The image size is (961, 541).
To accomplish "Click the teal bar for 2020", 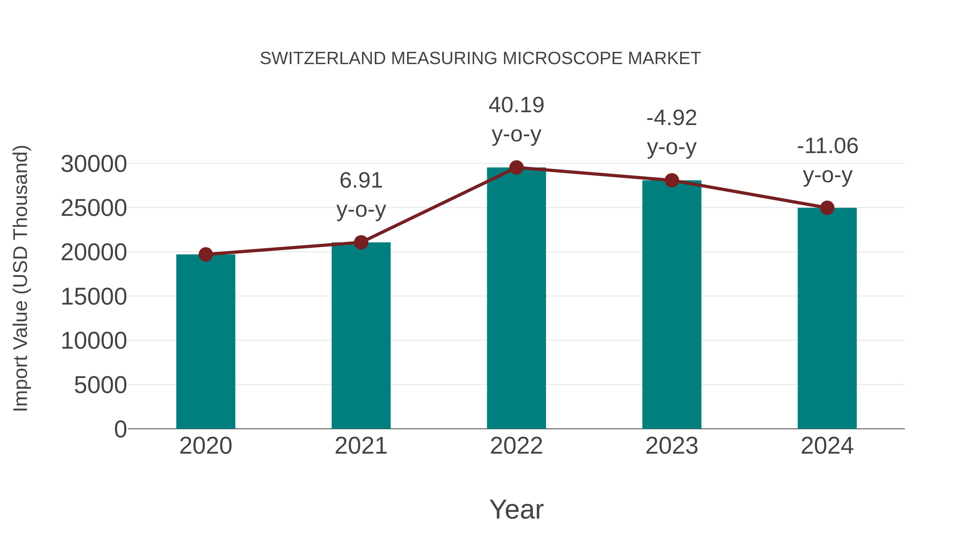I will (x=206, y=342).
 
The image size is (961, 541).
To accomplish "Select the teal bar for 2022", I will (x=516, y=299).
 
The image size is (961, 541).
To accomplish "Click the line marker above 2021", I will (x=361, y=243).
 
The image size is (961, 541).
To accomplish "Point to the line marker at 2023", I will (x=672, y=181).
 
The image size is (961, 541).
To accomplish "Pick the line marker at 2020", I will (x=206, y=255).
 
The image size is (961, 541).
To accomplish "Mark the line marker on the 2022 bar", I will (x=516, y=168).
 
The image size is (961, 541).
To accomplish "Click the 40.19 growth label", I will (x=516, y=105).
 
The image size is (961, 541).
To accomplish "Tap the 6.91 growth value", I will (x=361, y=181).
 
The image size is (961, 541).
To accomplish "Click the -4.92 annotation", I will (x=672, y=118).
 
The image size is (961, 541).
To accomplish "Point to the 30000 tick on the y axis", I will (x=94, y=164).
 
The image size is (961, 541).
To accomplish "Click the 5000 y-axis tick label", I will (x=100, y=385).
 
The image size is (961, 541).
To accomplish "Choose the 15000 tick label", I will (x=94, y=297).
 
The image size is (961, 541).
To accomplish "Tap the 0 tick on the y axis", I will (x=120, y=429).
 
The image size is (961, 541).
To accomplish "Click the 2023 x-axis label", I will (x=672, y=446).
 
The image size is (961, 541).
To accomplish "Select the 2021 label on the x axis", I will (x=361, y=446).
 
